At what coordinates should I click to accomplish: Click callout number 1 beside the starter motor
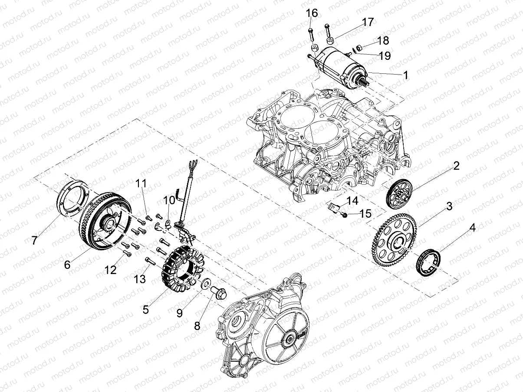[x=405, y=75]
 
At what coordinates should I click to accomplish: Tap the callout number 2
[x=456, y=165]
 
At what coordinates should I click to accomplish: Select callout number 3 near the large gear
[x=449, y=206]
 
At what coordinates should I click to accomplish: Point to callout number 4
[x=472, y=228]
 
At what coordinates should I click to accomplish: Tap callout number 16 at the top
[x=312, y=13]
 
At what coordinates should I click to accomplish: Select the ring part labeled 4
[x=428, y=261]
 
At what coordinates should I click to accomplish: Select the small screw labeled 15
[x=344, y=215]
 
